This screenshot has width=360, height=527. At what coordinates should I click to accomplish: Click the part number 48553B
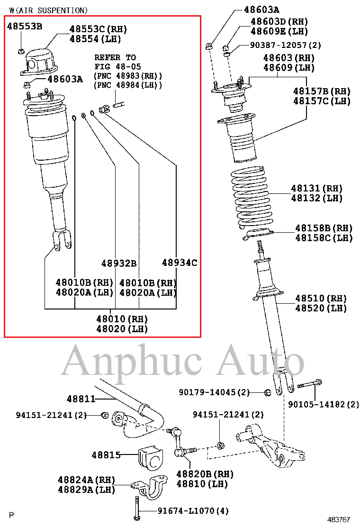pos(25,26)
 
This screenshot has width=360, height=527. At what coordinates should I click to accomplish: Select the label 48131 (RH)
pos(316,188)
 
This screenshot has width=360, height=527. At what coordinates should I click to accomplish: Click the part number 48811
pos(81,399)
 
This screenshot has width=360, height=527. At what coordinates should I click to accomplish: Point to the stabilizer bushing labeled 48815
pos(150,458)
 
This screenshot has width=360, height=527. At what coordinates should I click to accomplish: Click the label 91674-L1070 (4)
pos(193,511)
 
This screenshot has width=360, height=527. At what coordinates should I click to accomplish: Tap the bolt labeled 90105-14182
pos(310,384)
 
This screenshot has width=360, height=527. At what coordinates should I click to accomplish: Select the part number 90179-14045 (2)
pos(214,392)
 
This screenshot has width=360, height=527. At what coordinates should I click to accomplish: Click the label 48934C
pos(180,263)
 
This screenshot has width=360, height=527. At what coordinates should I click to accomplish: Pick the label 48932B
pos(119,263)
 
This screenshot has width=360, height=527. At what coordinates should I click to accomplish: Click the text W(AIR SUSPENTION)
pos(48,10)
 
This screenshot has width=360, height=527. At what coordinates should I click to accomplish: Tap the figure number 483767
pos(339,519)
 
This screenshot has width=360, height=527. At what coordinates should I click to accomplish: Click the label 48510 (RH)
pos(321,299)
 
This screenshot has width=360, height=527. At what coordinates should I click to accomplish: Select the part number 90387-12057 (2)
pos(285,45)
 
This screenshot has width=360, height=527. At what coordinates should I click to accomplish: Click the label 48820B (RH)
pos(205,474)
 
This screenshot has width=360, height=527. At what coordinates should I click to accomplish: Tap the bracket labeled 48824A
pos(149,487)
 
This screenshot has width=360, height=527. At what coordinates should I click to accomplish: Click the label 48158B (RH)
pos(324,228)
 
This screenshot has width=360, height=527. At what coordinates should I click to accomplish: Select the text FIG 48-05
pos(117,66)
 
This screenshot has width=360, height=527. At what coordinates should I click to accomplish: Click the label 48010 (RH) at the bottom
pos(122,319)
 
